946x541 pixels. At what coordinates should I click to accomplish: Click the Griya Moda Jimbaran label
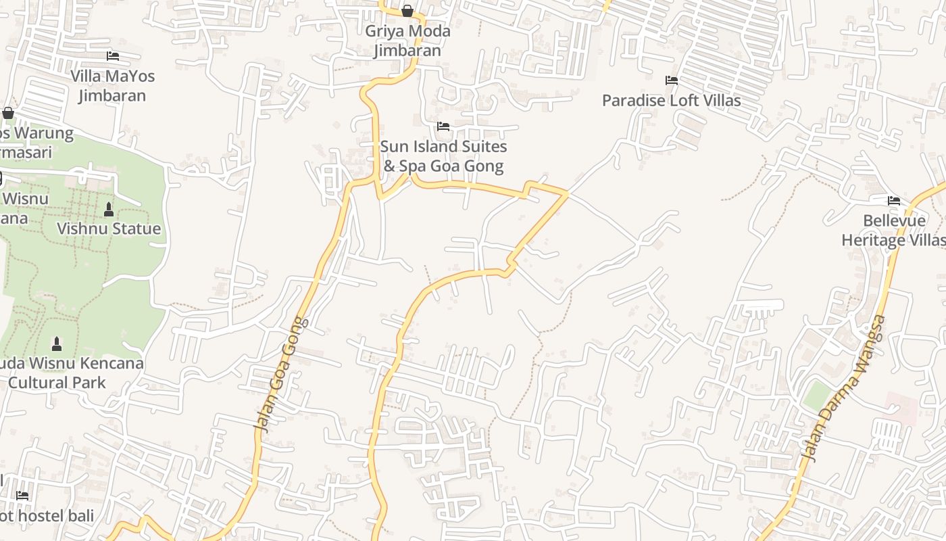[x=407, y=41]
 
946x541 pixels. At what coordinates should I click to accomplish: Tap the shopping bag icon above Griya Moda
[x=407, y=11]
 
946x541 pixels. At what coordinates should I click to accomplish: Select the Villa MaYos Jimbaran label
[x=112, y=85]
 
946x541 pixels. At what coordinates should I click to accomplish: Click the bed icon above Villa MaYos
[x=113, y=56]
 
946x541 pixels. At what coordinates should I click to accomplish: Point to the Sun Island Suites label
[x=443, y=156]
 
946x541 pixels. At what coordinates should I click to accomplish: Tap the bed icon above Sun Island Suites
[x=443, y=126]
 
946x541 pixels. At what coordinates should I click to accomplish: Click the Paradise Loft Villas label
[x=671, y=101]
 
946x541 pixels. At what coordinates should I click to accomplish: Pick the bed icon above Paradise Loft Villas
[x=671, y=80]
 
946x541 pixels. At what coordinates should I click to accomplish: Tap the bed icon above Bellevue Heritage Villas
[x=893, y=201]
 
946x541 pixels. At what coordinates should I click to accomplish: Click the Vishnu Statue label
[x=109, y=229]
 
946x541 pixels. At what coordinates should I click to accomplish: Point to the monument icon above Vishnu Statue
[x=109, y=210]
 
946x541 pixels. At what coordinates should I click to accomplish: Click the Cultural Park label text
[x=57, y=383]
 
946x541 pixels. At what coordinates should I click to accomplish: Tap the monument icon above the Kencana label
[x=57, y=344]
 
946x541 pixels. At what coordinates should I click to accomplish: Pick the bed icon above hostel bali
[x=22, y=496]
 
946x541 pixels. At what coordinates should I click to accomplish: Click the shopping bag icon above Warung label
[x=8, y=113]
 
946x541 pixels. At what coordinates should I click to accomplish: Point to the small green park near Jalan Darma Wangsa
[x=816, y=395]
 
